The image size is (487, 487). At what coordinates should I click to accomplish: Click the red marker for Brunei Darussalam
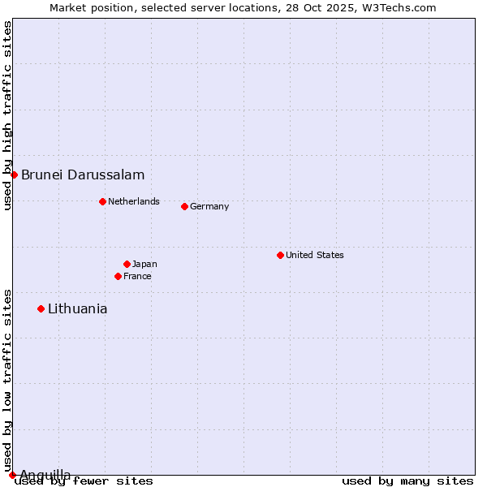point(14,175)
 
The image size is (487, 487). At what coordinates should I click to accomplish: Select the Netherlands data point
point(102,201)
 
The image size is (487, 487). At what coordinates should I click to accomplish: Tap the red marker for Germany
point(184,206)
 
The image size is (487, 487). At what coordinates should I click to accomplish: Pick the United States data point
point(280,255)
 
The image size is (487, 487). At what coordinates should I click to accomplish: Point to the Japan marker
point(127,264)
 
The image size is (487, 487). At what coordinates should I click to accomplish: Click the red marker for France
point(118,276)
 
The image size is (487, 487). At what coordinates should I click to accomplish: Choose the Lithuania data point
point(41,308)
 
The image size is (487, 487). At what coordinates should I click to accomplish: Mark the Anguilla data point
point(12,475)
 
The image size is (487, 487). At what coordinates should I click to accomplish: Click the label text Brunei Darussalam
point(83,175)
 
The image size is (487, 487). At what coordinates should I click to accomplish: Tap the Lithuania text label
point(77,308)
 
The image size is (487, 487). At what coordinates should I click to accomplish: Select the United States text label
point(315,255)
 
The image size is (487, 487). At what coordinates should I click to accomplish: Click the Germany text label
point(209,206)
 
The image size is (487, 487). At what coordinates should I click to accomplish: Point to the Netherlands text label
point(134,201)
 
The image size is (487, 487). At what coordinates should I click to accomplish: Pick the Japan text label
point(144,264)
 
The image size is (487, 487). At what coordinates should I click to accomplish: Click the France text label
point(137,276)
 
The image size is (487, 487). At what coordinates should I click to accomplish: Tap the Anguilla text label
point(45,475)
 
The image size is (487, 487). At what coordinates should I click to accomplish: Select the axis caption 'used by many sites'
point(407,481)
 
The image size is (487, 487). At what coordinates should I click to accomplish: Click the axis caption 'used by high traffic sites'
point(7,115)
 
